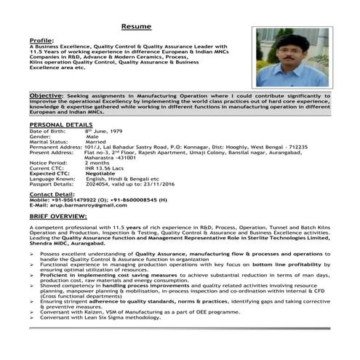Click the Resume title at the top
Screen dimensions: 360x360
click(136, 26)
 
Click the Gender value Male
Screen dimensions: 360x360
click(92, 137)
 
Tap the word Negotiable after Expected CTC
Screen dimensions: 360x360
click(100, 175)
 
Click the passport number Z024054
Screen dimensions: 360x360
click(98, 185)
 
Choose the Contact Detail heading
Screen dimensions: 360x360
click(52, 194)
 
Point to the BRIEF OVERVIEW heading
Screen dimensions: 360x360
click(58, 217)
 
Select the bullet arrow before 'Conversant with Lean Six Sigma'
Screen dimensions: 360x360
click(33, 337)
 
